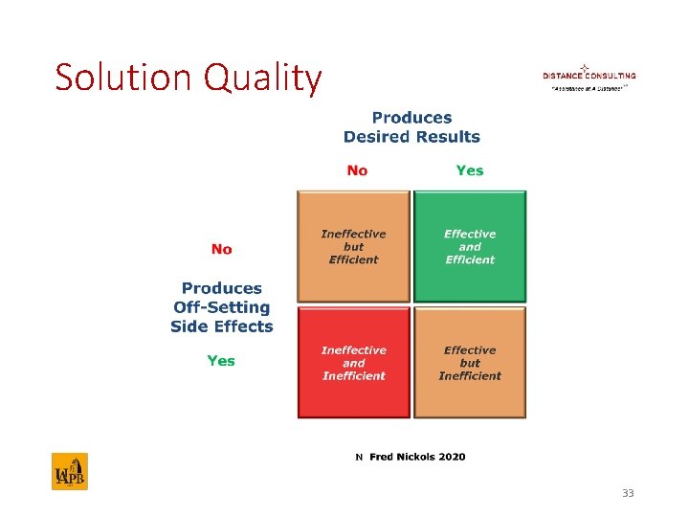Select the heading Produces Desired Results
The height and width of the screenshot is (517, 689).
(x=411, y=127)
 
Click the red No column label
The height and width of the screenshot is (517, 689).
(x=357, y=170)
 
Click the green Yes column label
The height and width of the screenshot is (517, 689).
(x=470, y=170)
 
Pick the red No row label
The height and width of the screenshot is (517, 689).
(x=221, y=249)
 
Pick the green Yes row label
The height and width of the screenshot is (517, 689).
(x=221, y=361)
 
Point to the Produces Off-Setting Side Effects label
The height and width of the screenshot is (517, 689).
(x=221, y=306)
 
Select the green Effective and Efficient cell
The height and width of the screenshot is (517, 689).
(x=470, y=247)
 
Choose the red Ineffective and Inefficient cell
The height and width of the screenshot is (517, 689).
(x=354, y=363)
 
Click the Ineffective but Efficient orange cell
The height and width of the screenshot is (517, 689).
(x=354, y=247)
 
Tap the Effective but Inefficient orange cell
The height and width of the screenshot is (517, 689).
(x=470, y=363)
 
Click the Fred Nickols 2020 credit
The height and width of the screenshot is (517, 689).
(x=417, y=457)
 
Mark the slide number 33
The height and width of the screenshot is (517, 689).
(x=628, y=493)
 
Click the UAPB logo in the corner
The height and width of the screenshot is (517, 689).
(x=69, y=472)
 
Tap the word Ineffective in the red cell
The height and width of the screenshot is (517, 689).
(x=354, y=350)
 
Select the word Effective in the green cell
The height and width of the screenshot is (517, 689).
(x=470, y=234)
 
